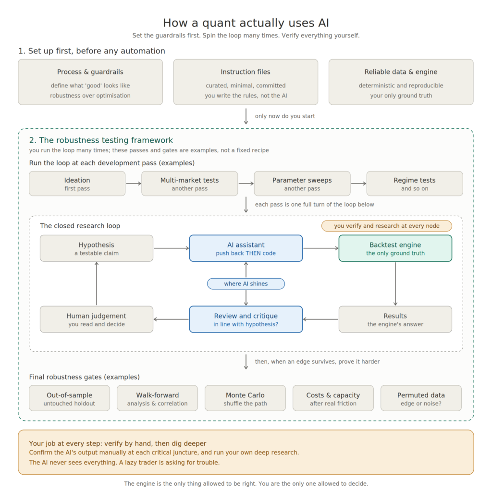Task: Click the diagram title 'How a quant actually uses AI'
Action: pos(246,23)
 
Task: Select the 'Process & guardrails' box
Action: pos(90,82)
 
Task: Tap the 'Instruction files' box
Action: pos(246,82)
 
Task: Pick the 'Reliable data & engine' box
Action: pos(401,82)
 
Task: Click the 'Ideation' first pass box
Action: pos(77,184)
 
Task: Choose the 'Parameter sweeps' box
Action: pos(302,184)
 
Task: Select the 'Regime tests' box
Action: pos(415,184)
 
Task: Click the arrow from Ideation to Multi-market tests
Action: pos(134,184)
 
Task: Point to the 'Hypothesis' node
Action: pos(97,248)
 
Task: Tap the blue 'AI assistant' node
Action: pos(246,248)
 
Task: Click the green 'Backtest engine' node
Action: pos(395,248)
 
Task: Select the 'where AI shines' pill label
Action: pos(246,283)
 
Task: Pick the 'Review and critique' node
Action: pos(246,319)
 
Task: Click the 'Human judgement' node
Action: pos(97,319)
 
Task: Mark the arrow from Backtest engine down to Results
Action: pos(395,283)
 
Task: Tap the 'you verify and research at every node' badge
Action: pos(387,226)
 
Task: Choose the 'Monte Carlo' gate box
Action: pos(246,398)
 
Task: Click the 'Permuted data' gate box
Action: pos(421,398)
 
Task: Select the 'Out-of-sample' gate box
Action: pos(69,398)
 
